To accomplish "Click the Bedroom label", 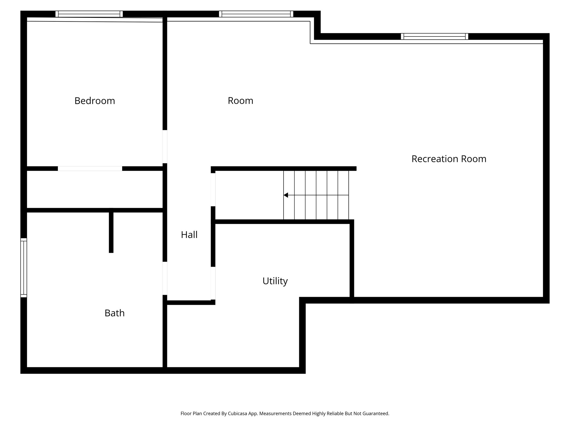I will click(x=95, y=101).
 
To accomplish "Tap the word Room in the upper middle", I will click(x=240, y=101).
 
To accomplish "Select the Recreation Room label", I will click(x=449, y=159).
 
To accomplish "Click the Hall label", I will click(x=189, y=235).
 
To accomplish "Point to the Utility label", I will click(x=275, y=281).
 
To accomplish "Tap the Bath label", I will click(x=114, y=313).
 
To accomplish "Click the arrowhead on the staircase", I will click(x=286, y=195).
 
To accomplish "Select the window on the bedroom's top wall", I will click(x=89, y=14).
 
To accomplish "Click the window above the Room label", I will click(x=256, y=14).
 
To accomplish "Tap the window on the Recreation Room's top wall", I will click(x=434, y=37).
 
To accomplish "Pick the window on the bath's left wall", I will click(x=24, y=267).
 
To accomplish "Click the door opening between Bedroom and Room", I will click(x=165, y=147).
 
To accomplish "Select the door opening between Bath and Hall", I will click(x=165, y=278).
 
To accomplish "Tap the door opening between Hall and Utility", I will click(x=213, y=283).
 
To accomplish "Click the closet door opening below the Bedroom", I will click(x=90, y=169).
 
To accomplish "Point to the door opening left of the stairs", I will click(x=213, y=189).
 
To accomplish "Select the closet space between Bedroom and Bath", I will click(x=95, y=189).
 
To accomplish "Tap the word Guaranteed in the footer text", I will click(x=375, y=414).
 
